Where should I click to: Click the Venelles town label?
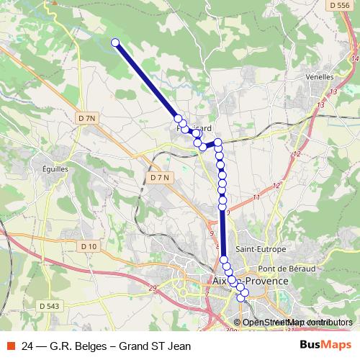coord(320,76)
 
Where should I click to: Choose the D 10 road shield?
coord(89,246)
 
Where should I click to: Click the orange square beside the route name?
coord(11,346)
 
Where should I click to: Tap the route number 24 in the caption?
coord(27,346)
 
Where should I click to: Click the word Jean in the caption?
coord(178,346)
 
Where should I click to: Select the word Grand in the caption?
coord(131,346)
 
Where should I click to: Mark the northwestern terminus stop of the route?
coord(114,42)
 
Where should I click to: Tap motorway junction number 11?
coord(256,197)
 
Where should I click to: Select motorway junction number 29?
coord(153,289)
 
